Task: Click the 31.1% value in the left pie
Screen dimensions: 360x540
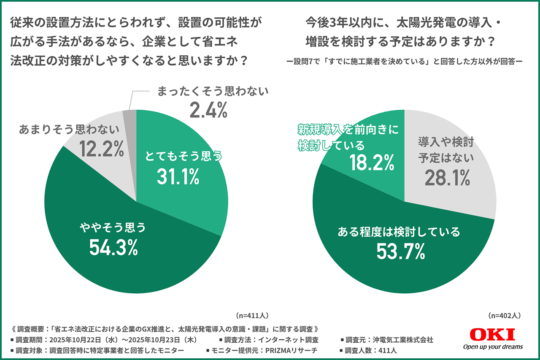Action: click(x=178, y=176)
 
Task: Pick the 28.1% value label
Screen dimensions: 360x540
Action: click(x=447, y=178)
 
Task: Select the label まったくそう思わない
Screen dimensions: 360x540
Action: click(x=213, y=91)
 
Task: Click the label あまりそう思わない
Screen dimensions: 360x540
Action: click(x=69, y=128)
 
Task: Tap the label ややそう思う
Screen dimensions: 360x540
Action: click(x=113, y=228)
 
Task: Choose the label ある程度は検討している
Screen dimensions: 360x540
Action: click(x=399, y=231)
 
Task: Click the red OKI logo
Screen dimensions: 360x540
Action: click(x=492, y=335)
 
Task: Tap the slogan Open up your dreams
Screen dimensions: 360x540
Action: click(x=493, y=347)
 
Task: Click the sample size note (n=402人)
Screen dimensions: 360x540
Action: click(x=505, y=315)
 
